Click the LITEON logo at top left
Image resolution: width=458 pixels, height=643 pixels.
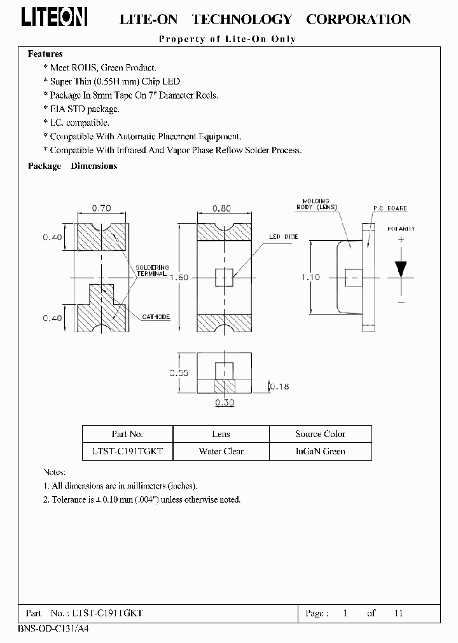click(55, 18)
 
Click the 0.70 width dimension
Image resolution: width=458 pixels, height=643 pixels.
click(101, 207)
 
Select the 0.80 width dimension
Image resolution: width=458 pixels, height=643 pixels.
click(222, 207)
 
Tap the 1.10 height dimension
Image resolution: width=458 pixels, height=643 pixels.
click(310, 277)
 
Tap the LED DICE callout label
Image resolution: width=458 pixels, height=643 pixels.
click(283, 236)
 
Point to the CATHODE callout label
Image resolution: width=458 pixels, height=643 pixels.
click(156, 316)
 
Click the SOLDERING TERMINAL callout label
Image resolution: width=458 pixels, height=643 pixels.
click(152, 271)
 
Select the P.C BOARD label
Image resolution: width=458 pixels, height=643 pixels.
click(390, 208)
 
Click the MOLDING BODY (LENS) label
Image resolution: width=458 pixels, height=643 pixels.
click(316, 203)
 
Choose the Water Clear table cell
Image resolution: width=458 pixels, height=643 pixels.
click(221, 451)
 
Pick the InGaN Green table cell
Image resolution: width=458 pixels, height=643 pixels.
click(321, 451)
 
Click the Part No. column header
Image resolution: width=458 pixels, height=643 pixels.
click(127, 434)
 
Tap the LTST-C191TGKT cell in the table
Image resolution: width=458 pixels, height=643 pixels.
click(127, 451)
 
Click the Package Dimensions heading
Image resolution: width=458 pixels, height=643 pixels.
click(73, 166)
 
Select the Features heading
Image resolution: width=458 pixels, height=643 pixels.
click(45, 54)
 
